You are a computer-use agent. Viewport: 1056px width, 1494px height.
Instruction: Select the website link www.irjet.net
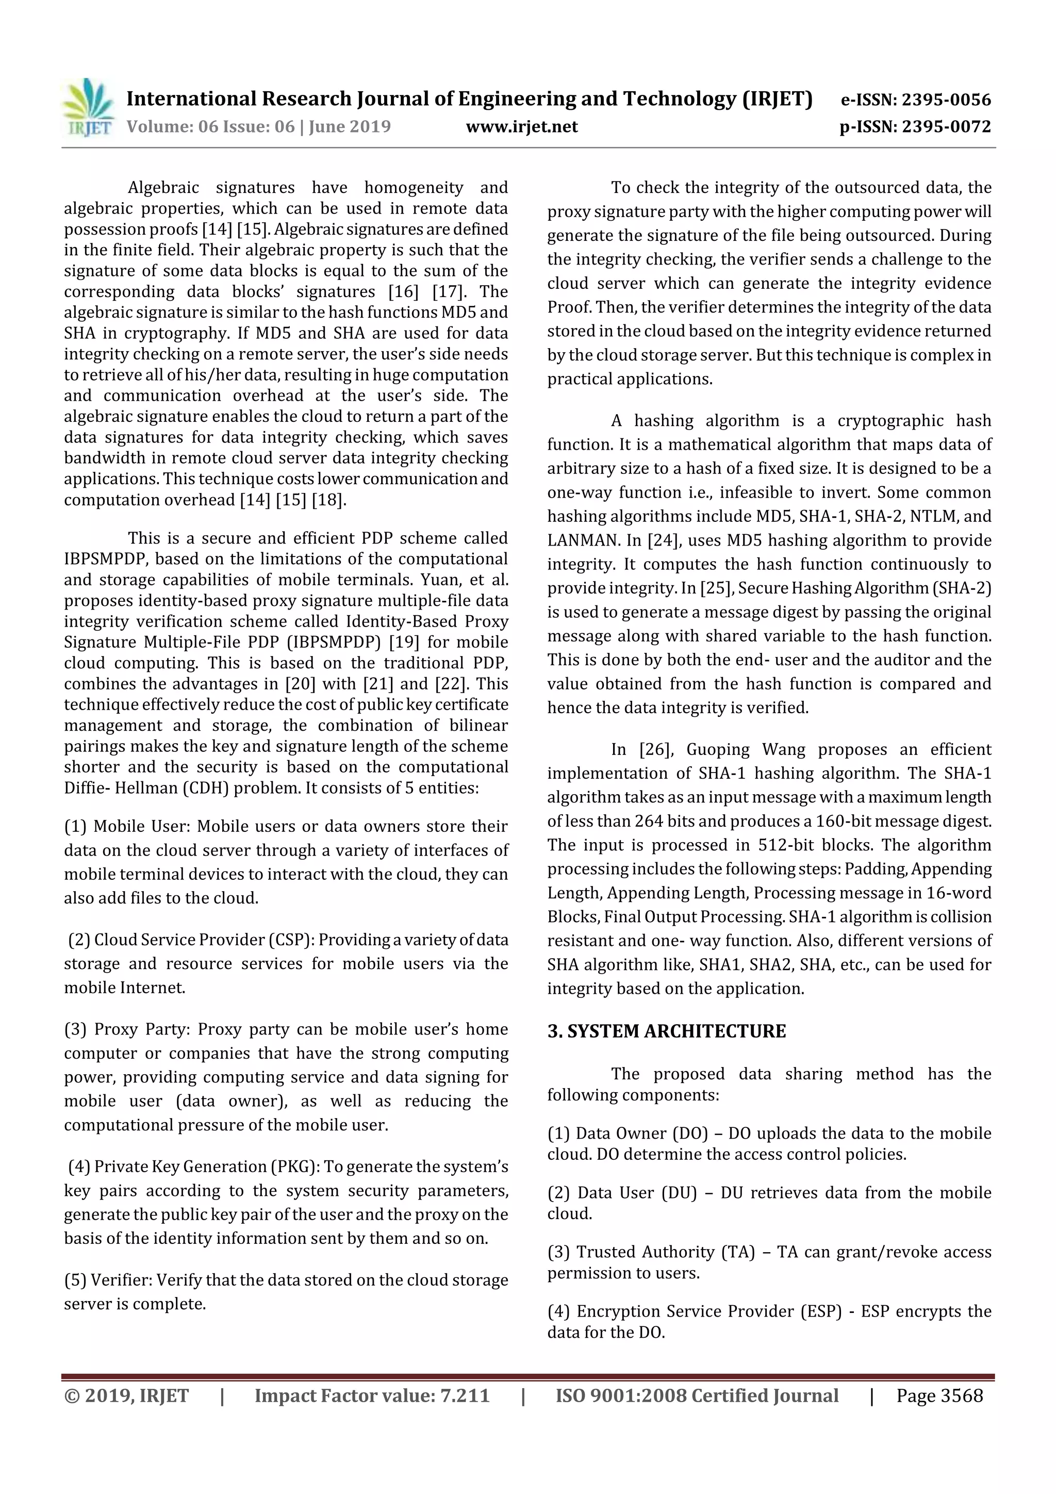(522, 127)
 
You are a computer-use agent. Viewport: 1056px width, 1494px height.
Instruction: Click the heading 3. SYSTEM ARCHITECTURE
(666, 1031)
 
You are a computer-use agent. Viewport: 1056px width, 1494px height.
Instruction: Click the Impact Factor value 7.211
(464, 1396)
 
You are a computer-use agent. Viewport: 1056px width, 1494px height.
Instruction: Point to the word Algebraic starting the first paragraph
(163, 188)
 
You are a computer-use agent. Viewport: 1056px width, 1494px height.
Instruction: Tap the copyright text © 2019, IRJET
(126, 1396)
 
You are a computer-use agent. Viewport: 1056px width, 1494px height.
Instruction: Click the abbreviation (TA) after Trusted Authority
(736, 1252)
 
